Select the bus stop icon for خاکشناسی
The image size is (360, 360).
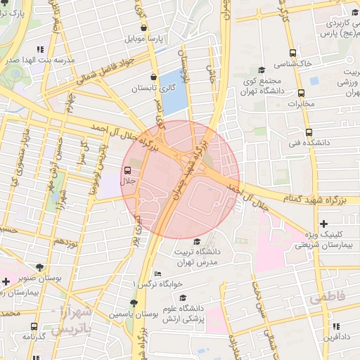pos(292,53)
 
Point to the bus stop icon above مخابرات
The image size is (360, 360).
pos(302,93)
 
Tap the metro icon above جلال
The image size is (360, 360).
pos(127,170)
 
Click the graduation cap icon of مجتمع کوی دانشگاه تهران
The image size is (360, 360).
pos(262,70)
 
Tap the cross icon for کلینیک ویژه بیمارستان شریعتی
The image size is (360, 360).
pos(323,223)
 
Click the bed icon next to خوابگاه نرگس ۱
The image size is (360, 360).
pos(157,274)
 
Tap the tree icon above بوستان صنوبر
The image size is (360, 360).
pos(39,267)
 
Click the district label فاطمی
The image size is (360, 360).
pos(327,297)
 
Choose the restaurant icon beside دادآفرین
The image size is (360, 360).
pos(336,326)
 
